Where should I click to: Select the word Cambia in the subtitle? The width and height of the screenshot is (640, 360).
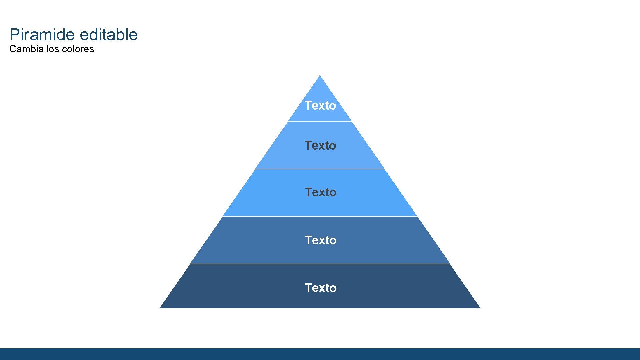pyautogui.click(x=26, y=49)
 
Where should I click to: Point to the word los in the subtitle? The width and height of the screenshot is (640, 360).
pyautogui.click(x=53, y=49)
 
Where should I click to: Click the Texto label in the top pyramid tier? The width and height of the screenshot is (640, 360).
pyautogui.click(x=320, y=106)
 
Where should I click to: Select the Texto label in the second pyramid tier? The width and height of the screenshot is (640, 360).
pyautogui.click(x=320, y=146)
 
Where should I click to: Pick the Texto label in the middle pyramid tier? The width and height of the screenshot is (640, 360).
pyautogui.click(x=321, y=192)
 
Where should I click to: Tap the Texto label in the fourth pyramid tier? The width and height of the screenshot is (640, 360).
pyautogui.click(x=321, y=240)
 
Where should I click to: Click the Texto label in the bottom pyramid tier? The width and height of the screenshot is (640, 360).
pyautogui.click(x=321, y=288)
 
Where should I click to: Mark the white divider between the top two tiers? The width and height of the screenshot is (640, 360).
pyautogui.click(x=320, y=122)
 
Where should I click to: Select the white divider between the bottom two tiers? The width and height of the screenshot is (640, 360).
pyautogui.click(x=320, y=264)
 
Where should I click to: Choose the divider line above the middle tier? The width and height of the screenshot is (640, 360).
pyautogui.click(x=320, y=169)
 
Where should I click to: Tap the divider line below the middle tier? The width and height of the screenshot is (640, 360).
pyautogui.click(x=320, y=216)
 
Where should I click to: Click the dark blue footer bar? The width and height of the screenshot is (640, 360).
pyautogui.click(x=320, y=354)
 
